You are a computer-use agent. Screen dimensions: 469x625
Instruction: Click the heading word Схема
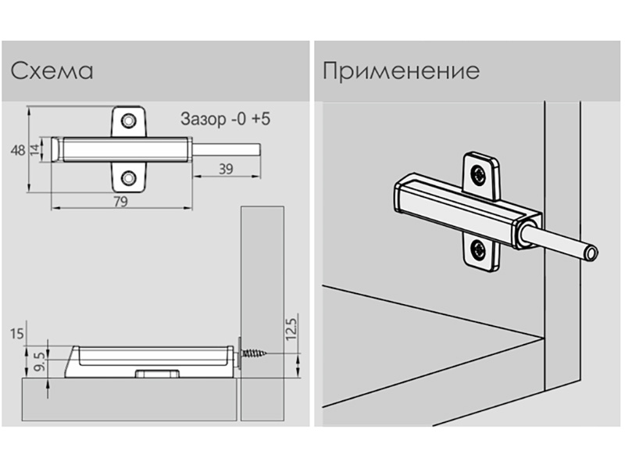click(52, 72)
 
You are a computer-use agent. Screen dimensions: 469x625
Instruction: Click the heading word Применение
click(400, 72)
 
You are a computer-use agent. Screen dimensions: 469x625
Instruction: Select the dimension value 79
click(122, 201)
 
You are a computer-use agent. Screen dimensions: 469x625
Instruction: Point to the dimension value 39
click(225, 168)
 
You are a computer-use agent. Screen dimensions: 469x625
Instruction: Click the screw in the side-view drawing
click(256, 355)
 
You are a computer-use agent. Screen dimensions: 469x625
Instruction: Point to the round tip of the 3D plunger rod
click(595, 252)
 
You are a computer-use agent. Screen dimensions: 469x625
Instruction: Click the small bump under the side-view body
click(155, 374)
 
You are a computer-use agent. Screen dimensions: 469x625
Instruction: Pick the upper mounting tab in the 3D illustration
click(482, 174)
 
